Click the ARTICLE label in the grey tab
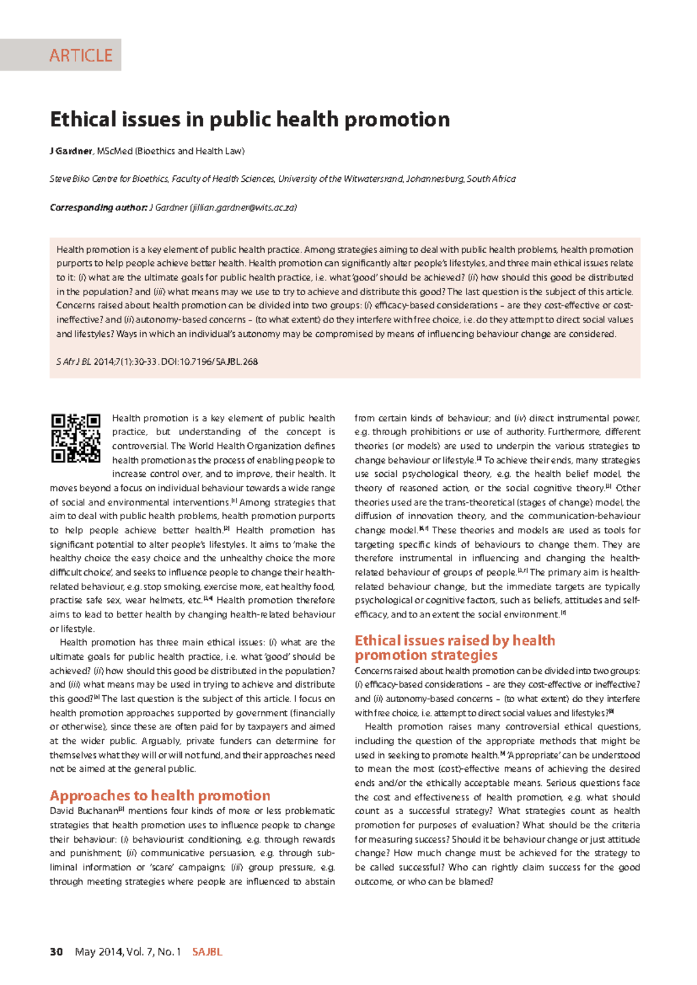(81, 55)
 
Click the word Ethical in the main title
(83, 119)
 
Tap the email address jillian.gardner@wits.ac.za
(243, 207)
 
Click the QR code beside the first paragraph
(76, 438)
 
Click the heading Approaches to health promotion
(160, 795)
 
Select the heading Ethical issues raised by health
(454, 640)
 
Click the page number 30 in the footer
(56, 951)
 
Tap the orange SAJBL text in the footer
(207, 951)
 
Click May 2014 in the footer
(98, 951)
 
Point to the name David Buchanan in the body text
(84, 811)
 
